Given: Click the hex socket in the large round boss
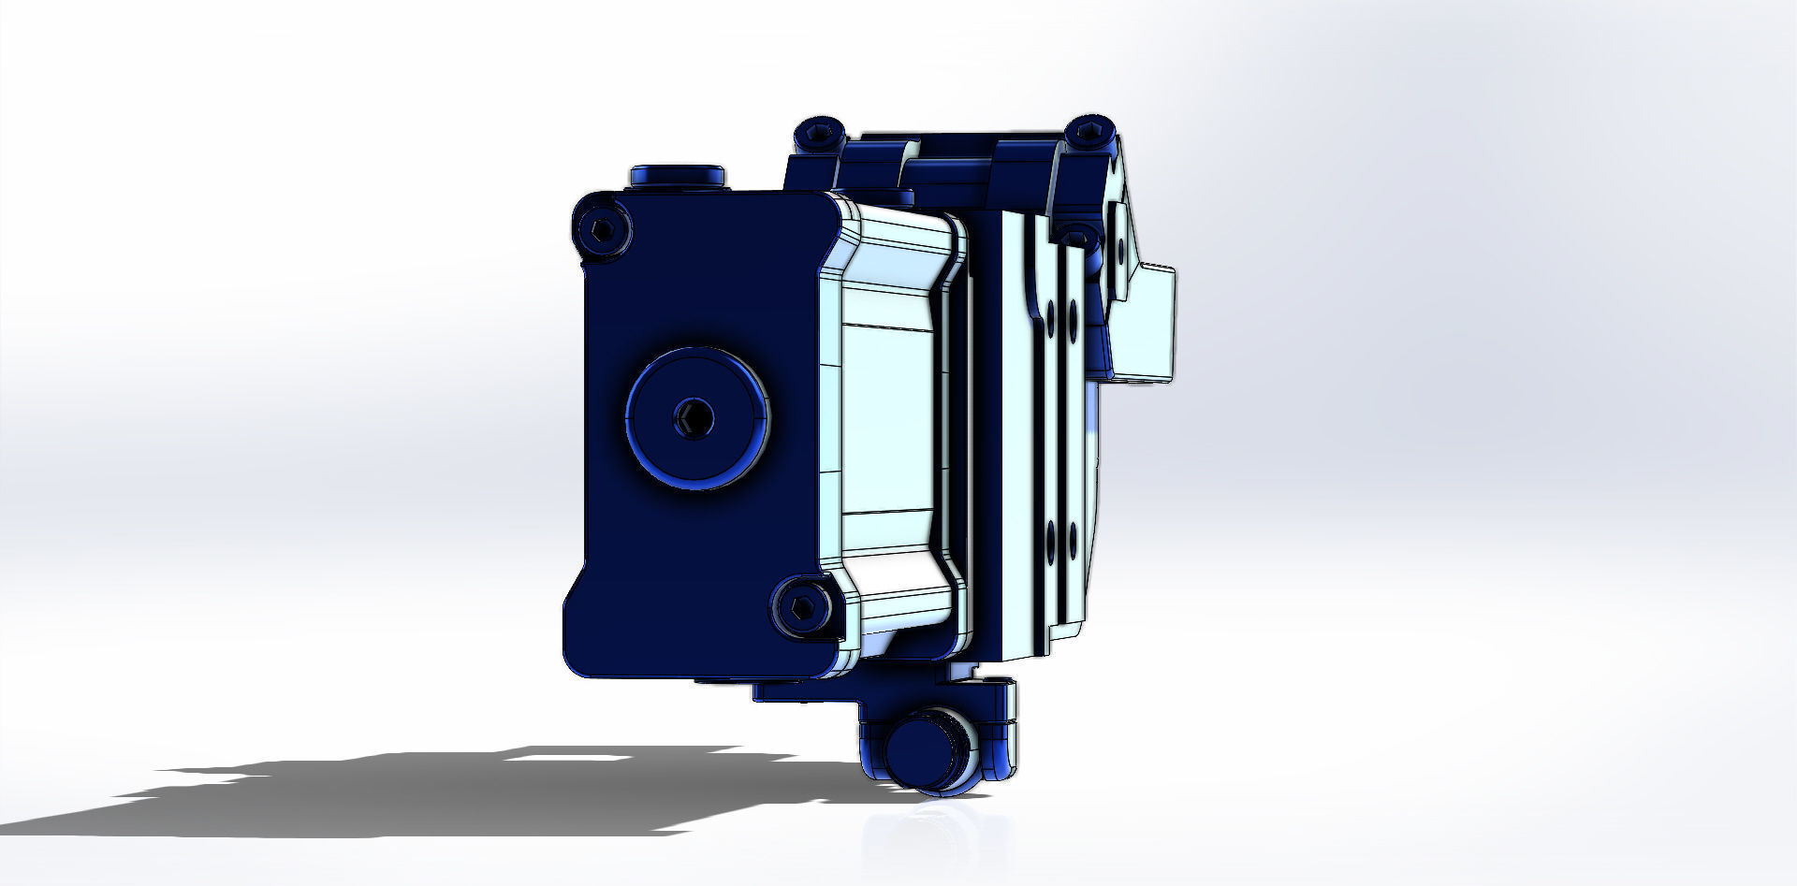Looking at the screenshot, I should click(694, 417).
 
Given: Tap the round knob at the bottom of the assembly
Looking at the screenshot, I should click(921, 752).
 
